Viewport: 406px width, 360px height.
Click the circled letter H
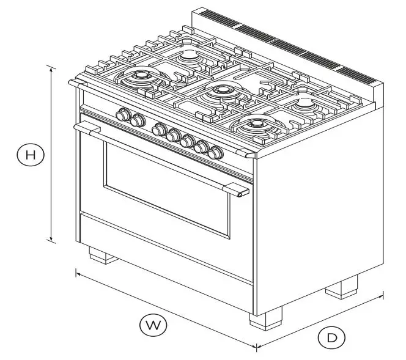pyautogui.click(x=30, y=155)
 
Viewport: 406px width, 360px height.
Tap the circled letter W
pyautogui.click(x=153, y=325)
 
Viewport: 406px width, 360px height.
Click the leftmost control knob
pyautogui.click(x=124, y=114)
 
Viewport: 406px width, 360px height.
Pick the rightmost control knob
pyautogui.click(x=214, y=152)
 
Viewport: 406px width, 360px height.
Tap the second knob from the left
pyautogui.click(x=138, y=120)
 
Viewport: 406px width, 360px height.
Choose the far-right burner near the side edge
pyautogui.click(x=304, y=105)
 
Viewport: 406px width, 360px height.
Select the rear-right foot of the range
pyautogui.click(x=341, y=287)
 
